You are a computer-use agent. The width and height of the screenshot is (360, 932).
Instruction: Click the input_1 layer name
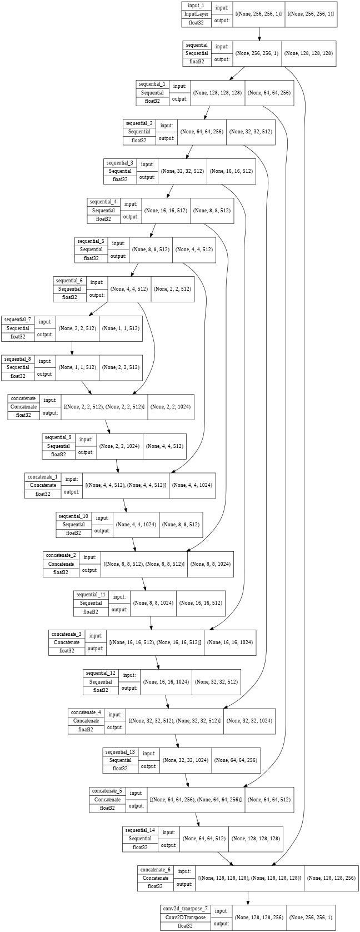tap(196, 6)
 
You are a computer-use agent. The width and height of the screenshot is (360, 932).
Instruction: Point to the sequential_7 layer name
tap(18, 320)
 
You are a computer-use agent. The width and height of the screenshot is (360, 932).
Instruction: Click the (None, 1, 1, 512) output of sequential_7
tap(121, 328)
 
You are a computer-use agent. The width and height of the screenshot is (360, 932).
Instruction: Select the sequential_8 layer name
tap(18, 359)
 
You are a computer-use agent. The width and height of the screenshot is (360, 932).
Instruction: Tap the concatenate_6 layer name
tap(156, 870)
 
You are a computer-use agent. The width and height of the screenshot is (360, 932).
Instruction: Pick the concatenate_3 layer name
tap(67, 634)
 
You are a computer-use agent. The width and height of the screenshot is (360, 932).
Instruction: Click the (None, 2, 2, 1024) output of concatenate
tap(169, 407)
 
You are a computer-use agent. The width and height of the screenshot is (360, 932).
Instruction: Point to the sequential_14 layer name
tap(140, 830)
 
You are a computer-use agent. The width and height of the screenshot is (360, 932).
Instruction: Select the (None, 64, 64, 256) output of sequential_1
tap(269, 93)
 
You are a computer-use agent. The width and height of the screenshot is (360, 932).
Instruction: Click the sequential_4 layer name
tap(103, 202)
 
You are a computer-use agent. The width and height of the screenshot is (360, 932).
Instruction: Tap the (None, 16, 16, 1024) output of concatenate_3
tap(230, 642)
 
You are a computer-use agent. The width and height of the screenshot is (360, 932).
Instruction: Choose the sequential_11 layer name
tap(91, 595)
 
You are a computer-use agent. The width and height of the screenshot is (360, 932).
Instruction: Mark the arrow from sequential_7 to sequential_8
tap(72, 347)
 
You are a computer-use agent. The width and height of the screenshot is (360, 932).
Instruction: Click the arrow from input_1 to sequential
tap(259, 34)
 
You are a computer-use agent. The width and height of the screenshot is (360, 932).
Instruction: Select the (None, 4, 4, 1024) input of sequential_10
tap(136, 524)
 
